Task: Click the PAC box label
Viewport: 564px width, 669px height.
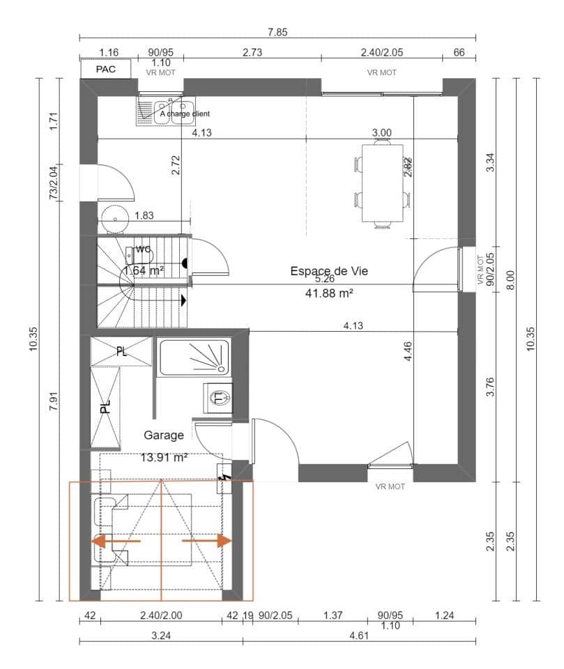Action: click(105, 69)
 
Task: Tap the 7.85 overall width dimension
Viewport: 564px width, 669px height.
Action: click(277, 31)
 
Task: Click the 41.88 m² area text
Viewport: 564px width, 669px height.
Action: click(330, 293)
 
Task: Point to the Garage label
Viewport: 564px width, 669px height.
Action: click(164, 435)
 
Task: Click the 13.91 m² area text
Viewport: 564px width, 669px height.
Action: click(165, 458)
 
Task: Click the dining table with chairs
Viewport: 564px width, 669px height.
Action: click(381, 183)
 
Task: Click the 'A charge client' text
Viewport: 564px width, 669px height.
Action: click(185, 114)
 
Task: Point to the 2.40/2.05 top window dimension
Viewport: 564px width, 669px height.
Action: click(381, 52)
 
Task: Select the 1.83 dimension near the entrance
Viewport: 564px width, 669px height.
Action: click(144, 215)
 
